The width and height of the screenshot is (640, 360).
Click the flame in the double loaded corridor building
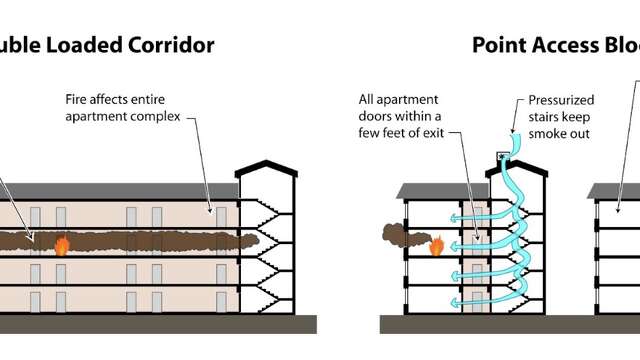coord(61,245)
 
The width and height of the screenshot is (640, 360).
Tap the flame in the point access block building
coord(436,245)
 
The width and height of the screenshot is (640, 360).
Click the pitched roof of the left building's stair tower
coord(265,166)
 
